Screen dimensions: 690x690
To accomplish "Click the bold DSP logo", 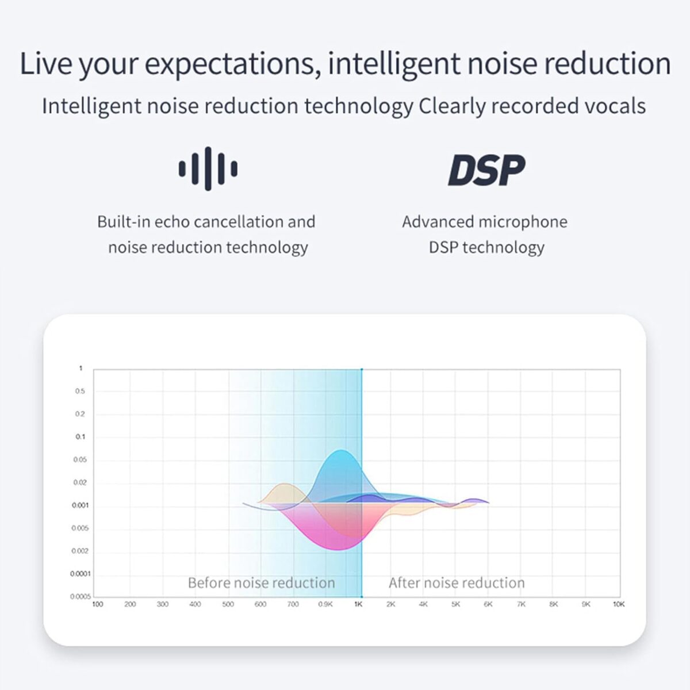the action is pyautogui.click(x=486, y=170).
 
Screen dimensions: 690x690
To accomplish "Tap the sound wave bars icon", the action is pyautogui.click(x=208, y=168).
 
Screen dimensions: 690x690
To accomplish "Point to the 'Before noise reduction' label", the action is pyautogui.click(x=262, y=582).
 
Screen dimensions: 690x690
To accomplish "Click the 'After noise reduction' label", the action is pyautogui.click(x=457, y=582).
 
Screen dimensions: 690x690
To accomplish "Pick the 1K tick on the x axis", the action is pyautogui.click(x=358, y=604).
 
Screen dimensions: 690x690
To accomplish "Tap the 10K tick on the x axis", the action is pyautogui.click(x=619, y=604).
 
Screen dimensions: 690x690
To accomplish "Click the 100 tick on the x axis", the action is pyautogui.click(x=97, y=604).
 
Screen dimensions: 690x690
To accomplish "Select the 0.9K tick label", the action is pyautogui.click(x=325, y=604).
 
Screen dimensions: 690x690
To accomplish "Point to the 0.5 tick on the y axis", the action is pyautogui.click(x=80, y=391).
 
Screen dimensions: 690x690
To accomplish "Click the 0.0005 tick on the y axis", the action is pyautogui.click(x=80, y=596).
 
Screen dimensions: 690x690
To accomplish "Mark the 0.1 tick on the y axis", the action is pyautogui.click(x=80, y=436).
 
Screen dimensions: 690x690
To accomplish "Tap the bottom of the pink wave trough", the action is pyautogui.click(x=338, y=549).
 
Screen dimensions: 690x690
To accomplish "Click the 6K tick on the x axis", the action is pyautogui.click(x=488, y=604).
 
